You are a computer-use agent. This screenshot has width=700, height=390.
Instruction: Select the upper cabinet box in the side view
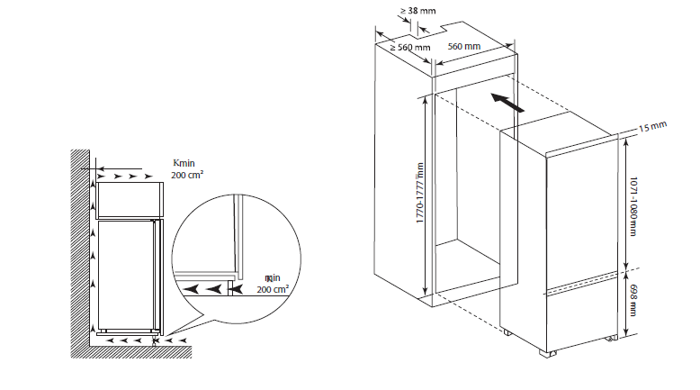click(x=129, y=199)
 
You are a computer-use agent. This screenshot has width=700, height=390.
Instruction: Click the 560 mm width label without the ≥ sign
click(x=463, y=46)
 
